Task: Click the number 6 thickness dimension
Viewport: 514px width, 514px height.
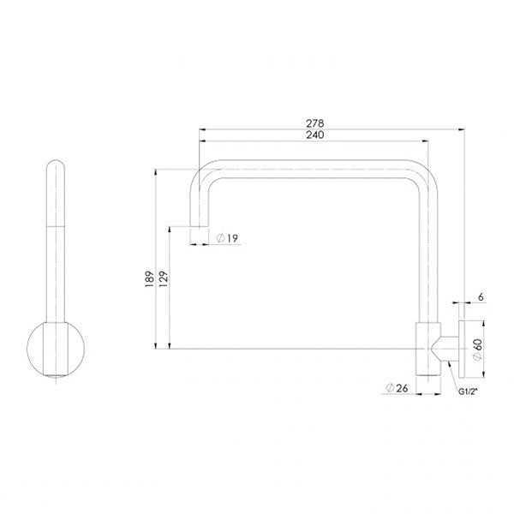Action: [481, 296]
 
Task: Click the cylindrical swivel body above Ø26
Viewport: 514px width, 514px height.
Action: [426, 349]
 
